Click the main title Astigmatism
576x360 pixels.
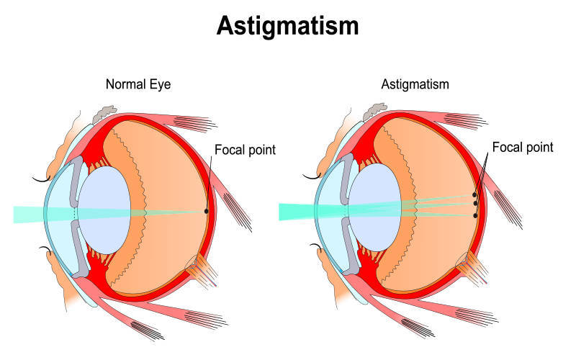click(287, 26)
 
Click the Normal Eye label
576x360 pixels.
click(138, 84)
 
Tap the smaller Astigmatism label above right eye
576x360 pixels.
click(415, 84)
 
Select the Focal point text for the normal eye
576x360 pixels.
click(245, 150)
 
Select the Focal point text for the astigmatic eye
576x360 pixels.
click(522, 148)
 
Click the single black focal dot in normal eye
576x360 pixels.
click(207, 211)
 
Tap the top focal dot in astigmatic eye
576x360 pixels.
click(474, 194)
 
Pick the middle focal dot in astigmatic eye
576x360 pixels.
click(476, 204)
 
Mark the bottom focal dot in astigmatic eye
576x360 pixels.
click(476, 215)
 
